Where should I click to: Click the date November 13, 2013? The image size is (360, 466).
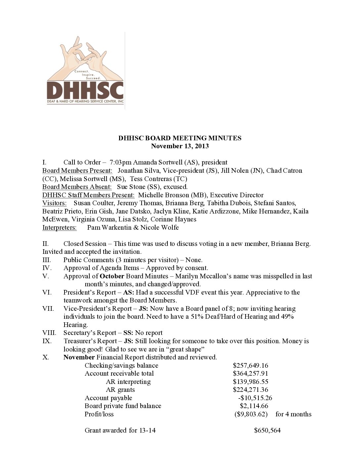pyautogui.click(x=180, y=146)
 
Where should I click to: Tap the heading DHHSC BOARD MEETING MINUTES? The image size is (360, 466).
pyautogui.click(x=180, y=138)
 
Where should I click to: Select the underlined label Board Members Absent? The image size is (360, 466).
pyautogui.click(x=77, y=187)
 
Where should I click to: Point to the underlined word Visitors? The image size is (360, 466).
pyautogui.click(x=54, y=203)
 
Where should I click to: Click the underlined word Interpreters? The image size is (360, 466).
pyautogui.click(x=59, y=227)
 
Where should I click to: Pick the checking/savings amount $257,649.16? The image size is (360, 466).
pyautogui.click(x=250, y=365)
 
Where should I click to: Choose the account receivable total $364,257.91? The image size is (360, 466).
pyautogui.click(x=250, y=373)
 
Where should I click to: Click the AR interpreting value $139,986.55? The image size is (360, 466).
pyautogui.click(x=250, y=382)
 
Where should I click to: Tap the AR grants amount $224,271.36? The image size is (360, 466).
pyautogui.click(x=250, y=390)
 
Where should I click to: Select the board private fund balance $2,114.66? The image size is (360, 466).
pyautogui.click(x=254, y=406)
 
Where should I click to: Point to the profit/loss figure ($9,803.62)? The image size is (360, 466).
pyautogui.click(x=251, y=414)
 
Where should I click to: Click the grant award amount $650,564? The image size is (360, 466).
pyautogui.click(x=267, y=430)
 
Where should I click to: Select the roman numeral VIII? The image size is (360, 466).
pyautogui.click(x=49, y=333)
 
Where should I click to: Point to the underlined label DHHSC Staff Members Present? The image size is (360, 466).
pyautogui.click(x=88, y=195)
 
